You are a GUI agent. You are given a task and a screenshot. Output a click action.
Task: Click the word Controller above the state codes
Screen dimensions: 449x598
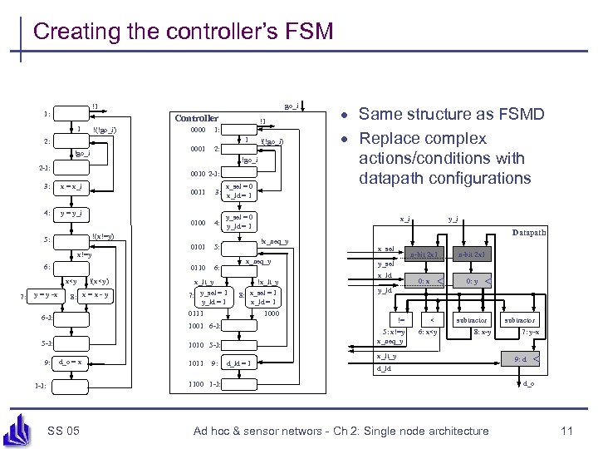[x=196, y=118]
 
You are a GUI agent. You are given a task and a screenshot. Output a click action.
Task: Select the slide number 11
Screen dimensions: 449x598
[x=567, y=430]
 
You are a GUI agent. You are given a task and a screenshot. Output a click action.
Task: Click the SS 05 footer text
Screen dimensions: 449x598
[x=64, y=430]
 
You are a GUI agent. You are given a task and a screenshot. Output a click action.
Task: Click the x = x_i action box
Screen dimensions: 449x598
[x=70, y=186]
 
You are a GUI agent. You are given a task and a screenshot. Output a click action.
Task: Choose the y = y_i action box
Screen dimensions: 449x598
[x=70, y=214]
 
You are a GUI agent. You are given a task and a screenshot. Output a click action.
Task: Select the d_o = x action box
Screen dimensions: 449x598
[x=70, y=362]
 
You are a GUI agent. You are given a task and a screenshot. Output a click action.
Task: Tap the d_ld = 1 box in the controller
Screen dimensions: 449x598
[x=238, y=363]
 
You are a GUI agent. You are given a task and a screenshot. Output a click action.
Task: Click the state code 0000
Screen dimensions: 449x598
[x=197, y=130]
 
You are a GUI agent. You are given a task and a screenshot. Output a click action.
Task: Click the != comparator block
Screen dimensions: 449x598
[x=401, y=319]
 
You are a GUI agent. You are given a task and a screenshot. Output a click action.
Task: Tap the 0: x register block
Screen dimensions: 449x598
[x=424, y=282]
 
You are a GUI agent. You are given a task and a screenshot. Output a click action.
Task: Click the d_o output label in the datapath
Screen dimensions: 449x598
[x=528, y=382]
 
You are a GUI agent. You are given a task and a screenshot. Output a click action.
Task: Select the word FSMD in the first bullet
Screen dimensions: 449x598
[x=527, y=118]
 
